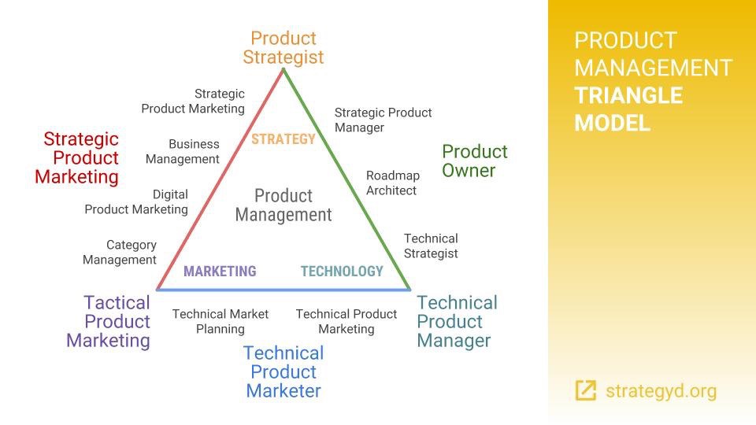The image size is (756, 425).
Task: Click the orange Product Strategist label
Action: click(283, 47)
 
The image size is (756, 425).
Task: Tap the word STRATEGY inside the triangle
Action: click(283, 139)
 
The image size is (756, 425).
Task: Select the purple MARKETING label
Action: click(220, 272)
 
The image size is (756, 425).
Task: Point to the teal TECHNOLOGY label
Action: click(342, 272)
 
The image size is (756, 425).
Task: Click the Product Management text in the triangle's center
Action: click(283, 205)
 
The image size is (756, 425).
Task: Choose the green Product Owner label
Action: click(474, 161)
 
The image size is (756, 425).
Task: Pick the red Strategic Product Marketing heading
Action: click(76, 158)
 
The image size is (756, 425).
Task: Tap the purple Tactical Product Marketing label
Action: click(109, 321)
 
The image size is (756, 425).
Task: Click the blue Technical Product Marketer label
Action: click(283, 371)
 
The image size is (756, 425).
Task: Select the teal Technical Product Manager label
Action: click(457, 321)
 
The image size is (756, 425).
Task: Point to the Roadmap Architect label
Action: click(393, 183)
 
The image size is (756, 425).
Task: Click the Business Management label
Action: click(182, 151)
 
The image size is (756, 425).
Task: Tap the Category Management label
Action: click(120, 252)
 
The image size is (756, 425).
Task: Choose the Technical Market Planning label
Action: click(220, 321)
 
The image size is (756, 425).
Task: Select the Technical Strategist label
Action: click(431, 246)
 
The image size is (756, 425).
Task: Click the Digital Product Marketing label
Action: click(136, 202)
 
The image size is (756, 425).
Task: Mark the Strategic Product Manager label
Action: click(384, 120)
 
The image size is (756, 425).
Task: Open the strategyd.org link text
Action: click(661, 391)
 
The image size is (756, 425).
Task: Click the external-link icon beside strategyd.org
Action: click(586, 390)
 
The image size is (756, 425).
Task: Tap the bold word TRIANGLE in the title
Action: click(628, 95)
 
